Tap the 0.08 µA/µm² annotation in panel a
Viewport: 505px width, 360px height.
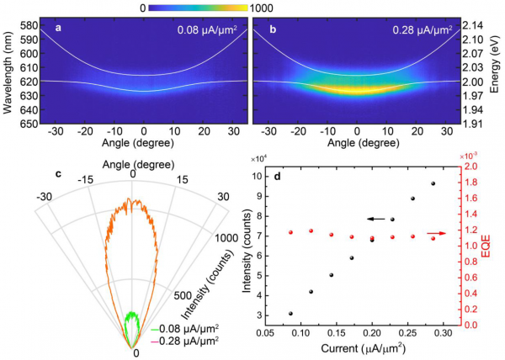204,31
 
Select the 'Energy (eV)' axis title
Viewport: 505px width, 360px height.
498,74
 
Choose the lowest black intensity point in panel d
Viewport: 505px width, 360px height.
290,313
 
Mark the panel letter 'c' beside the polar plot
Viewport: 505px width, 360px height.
58,174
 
